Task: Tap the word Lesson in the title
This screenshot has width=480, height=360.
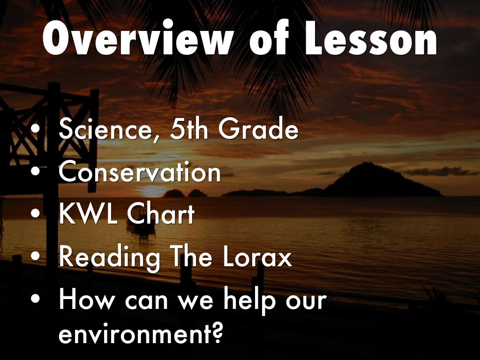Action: pos(371,37)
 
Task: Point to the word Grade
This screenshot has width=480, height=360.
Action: pos(258,128)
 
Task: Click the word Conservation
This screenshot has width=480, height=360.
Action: pos(140,172)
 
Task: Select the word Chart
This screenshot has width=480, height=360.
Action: pos(161,214)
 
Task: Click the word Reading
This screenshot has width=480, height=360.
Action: pos(109,257)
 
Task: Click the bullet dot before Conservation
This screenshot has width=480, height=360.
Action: pos(36,171)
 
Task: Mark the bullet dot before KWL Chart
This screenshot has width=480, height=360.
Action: pos(36,213)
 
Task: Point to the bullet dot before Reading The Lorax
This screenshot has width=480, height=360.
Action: pos(36,256)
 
